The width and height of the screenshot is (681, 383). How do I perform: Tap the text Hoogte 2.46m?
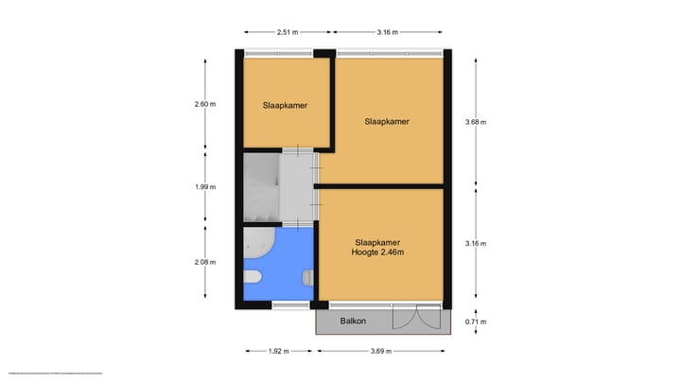click(x=378, y=252)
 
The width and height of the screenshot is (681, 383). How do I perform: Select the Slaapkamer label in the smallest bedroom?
click(x=285, y=105)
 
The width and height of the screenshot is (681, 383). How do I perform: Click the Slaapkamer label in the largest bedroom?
click(x=387, y=121)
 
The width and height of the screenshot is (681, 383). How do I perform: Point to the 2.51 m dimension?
click(x=286, y=31)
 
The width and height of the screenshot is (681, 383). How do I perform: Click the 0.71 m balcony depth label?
click(x=476, y=322)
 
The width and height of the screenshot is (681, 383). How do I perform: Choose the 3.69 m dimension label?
click(x=382, y=352)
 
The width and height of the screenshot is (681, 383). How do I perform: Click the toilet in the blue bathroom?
click(x=254, y=277)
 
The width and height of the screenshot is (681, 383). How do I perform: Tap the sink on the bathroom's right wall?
click(x=307, y=277)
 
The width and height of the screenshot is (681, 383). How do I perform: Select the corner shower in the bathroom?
click(x=257, y=244)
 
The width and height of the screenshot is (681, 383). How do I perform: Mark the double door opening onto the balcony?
click(x=416, y=317)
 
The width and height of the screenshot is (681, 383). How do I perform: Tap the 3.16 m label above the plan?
click(x=386, y=31)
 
